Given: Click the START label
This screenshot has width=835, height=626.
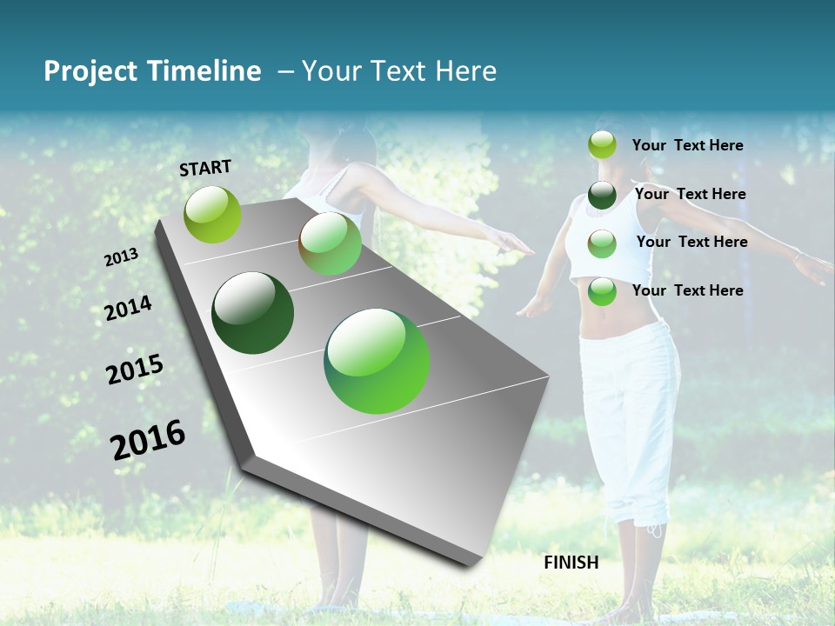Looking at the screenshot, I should (205, 168).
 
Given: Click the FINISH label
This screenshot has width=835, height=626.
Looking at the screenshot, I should (571, 563).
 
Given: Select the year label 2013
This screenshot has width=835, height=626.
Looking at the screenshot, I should (121, 256).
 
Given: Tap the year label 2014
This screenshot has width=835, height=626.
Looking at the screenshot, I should (128, 308).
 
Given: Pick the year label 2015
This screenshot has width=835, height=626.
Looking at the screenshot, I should (135, 370).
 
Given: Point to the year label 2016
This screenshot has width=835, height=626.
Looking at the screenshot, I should (148, 439).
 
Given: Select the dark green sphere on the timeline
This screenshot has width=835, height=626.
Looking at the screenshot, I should (252, 313).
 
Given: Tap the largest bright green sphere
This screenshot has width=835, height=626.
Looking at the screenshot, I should (377, 361).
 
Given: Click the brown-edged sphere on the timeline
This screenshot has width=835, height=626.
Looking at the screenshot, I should (330, 244).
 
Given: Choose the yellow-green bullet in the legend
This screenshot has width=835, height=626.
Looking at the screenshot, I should (602, 145).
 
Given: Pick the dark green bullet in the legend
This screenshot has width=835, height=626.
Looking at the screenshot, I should (602, 195).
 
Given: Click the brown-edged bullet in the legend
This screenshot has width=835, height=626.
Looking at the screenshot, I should (602, 243).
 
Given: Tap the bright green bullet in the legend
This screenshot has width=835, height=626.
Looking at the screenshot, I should (602, 291).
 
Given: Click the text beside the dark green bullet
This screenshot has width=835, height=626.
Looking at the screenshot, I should (690, 194).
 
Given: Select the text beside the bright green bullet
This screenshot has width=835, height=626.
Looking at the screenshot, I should (687, 290).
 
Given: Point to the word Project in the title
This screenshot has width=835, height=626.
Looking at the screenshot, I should (88, 71).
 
